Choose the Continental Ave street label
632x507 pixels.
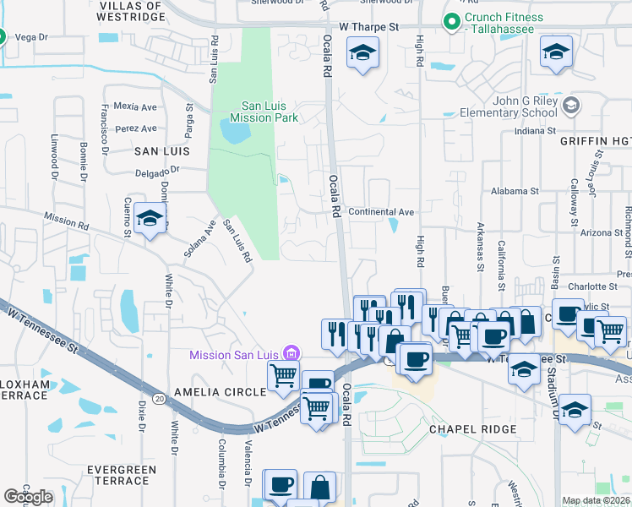pos(381,212)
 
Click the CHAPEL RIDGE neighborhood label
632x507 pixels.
pos(472,429)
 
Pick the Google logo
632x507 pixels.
pos(28,496)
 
